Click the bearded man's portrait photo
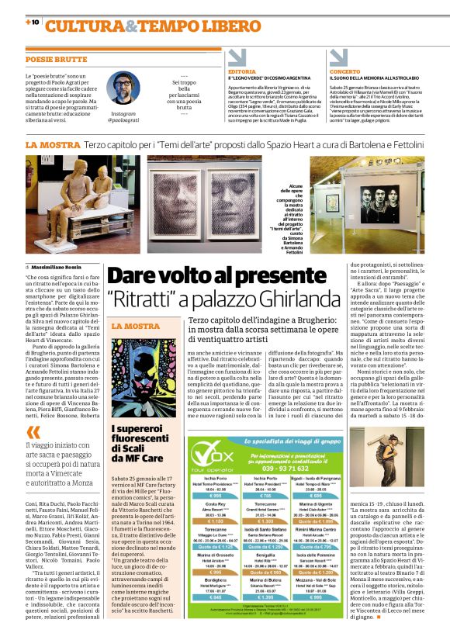[123, 89]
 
